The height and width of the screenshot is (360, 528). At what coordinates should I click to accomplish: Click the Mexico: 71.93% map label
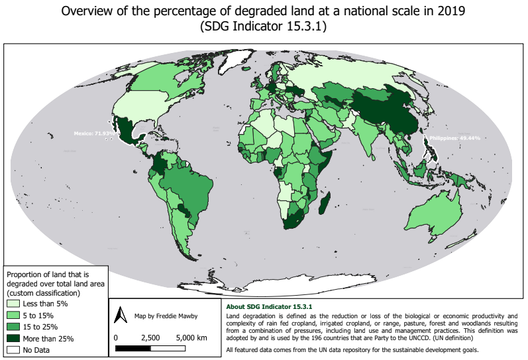92,133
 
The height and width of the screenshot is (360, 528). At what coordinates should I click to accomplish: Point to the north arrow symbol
121,315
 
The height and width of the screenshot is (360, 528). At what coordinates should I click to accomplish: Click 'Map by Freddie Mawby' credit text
166,316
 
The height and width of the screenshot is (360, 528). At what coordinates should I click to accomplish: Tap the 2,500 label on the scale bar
151,337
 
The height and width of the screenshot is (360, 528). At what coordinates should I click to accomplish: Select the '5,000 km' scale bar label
193,337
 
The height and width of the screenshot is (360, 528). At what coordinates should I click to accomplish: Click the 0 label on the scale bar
116,337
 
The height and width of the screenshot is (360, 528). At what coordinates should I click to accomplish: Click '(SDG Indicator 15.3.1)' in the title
264,28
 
